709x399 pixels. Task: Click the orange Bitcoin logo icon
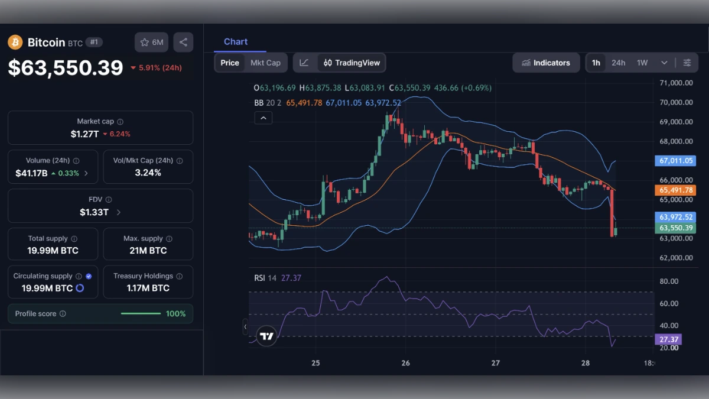(15, 43)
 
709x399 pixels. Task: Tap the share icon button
(183, 43)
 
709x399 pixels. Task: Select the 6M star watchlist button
(151, 43)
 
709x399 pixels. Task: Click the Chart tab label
(236, 42)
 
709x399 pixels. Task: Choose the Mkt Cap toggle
(265, 63)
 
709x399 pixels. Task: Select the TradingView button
(352, 63)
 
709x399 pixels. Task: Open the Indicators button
(545, 63)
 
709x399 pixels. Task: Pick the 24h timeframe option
(618, 63)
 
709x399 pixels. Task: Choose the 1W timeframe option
(642, 63)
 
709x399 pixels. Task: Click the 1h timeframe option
(596, 63)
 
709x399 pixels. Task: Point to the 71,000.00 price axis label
(676, 83)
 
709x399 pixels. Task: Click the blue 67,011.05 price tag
(676, 161)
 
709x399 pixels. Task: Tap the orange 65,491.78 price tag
(676, 190)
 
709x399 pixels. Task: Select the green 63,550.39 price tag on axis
(676, 228)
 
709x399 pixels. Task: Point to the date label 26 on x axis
(405, 363)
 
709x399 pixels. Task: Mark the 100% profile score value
(175, 314)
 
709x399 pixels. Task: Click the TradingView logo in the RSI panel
(267, 337)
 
